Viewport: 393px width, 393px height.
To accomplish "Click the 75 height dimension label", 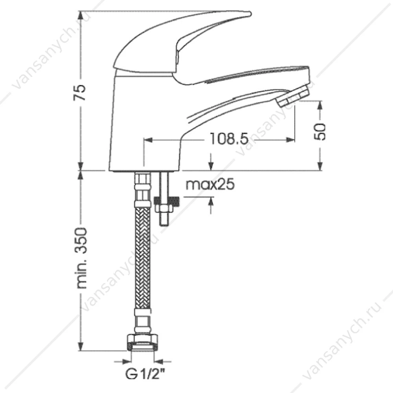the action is [80, 93].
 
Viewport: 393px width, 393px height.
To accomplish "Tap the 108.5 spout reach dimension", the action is [229, 139].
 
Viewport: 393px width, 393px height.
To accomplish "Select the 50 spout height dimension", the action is [320, 132].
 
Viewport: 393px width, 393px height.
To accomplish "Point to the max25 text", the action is [210, 184].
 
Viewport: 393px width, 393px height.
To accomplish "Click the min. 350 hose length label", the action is [81, 258].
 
